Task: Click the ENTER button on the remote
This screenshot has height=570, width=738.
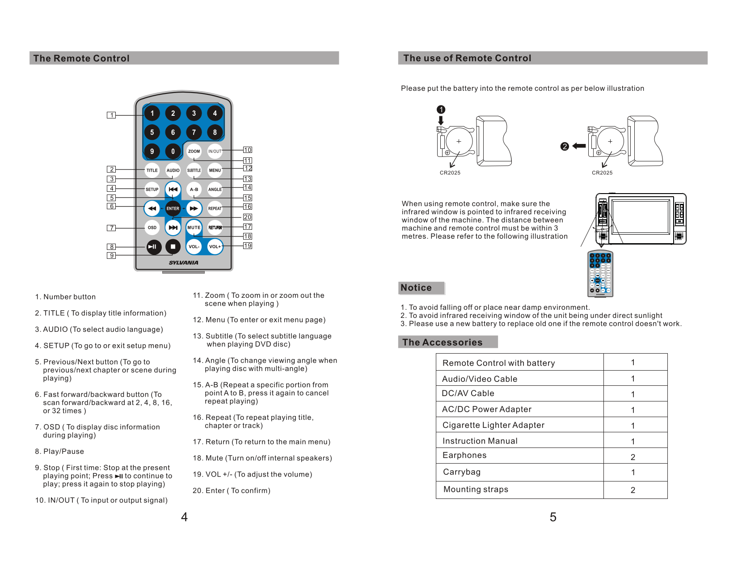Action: coord(173,208)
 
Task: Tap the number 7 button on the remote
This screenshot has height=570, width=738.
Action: coord(194,132)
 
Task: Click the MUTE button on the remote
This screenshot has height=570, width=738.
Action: coord(194,228)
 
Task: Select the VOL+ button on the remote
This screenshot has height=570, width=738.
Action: coord(215,246)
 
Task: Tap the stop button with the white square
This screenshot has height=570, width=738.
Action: coord(173,246)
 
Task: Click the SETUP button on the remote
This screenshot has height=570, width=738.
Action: coord(152,190)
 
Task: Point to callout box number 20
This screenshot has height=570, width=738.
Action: coord(247,217)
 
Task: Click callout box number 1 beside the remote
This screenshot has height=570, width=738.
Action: coord(111,115)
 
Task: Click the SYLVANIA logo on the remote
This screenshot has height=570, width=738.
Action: coord(183,263)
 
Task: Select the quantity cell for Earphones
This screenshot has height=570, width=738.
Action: coord(633,457)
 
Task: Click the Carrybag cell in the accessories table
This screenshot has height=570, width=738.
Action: coord(462,472)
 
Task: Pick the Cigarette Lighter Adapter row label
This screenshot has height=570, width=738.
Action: coord(493,425)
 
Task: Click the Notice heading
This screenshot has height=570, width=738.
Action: coord(416,288)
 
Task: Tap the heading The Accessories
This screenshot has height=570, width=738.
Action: coord(442,342)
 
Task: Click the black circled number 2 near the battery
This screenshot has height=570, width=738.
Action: coord(565,146)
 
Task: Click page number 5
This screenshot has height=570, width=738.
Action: coord(553,517)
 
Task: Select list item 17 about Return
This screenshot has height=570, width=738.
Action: coord(261,442)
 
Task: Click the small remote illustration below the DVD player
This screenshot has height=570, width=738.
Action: coord(600,274)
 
